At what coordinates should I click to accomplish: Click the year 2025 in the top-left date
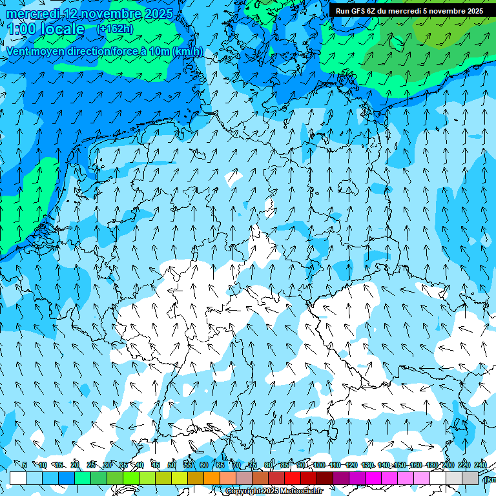pos(158,14)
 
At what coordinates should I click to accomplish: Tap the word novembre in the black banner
pos(449,11)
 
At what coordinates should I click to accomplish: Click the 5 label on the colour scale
pos(25,465)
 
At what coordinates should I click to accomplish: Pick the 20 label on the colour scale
pos(75,465)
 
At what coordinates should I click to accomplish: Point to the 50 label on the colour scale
pos(172,465)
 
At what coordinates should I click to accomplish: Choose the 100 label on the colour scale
pos(319,465)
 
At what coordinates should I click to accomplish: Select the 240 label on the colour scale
pos(480,465)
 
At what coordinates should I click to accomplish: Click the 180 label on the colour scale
pos(432,465)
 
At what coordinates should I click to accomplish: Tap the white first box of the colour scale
pos(18,478)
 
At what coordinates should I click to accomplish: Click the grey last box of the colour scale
pos(470,478)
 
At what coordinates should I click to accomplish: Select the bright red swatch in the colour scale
pos(293,478)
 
